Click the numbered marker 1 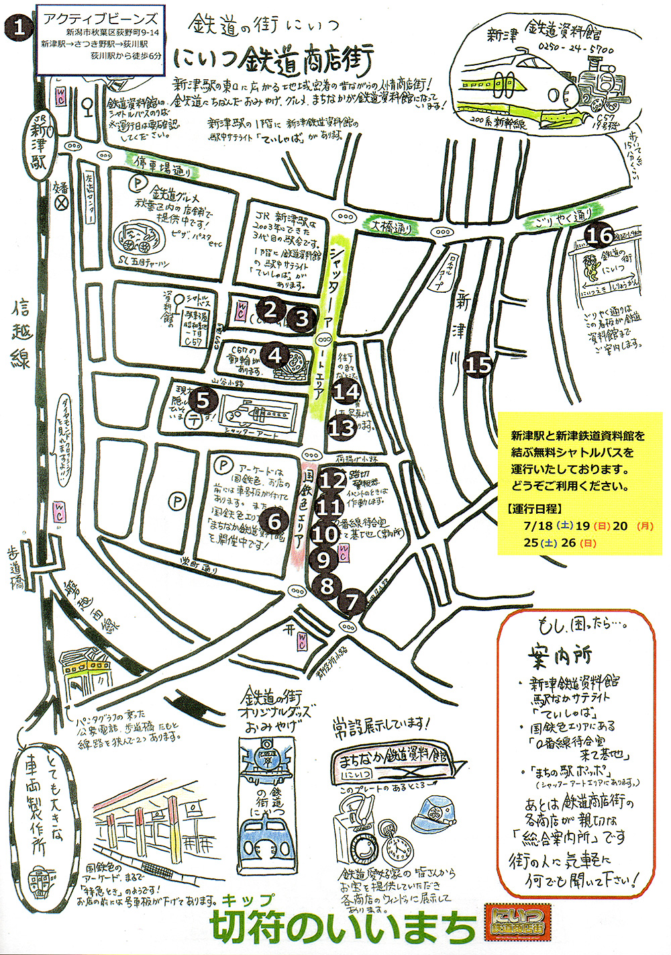(19, 28)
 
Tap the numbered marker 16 (600, 236)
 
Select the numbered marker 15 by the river (479, 365)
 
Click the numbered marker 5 (204, 401)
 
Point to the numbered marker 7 (352, 602)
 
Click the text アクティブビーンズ (101, 19)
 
